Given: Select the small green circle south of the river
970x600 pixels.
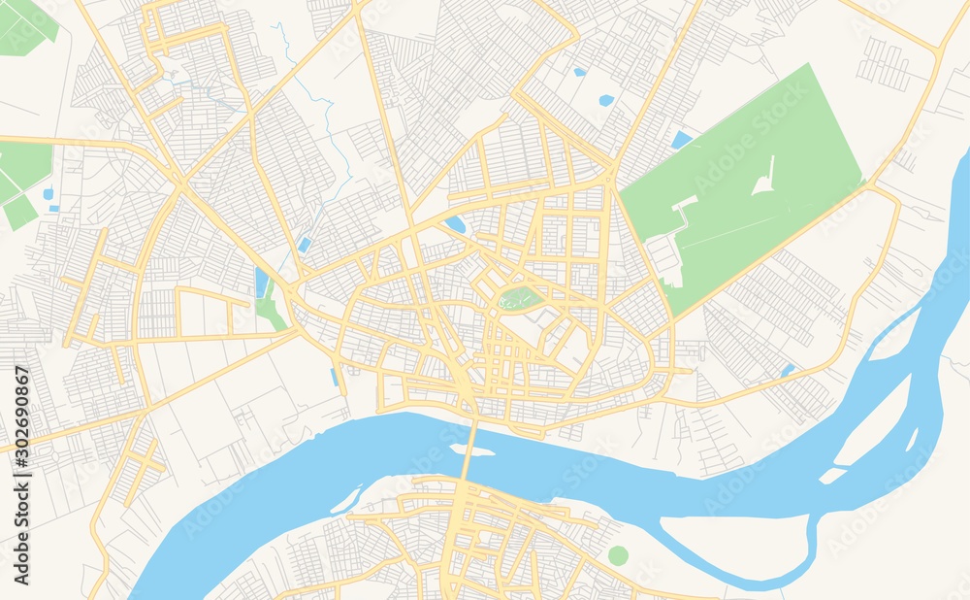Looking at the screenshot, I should [x=618, y=555].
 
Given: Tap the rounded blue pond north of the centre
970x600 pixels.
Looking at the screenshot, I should [x=454, y=224].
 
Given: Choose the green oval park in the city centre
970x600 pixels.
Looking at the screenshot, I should [x=520, y=298].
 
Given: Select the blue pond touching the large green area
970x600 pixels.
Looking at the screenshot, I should [x=682, y=140].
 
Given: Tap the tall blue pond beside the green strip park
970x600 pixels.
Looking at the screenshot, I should [x=262, y=283].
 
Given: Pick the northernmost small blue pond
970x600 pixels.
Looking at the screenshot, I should [x=579, y=72].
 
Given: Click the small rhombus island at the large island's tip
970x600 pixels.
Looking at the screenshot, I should [x=831, y=476].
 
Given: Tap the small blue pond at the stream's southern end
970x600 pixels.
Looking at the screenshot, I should [x=305, y=245].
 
